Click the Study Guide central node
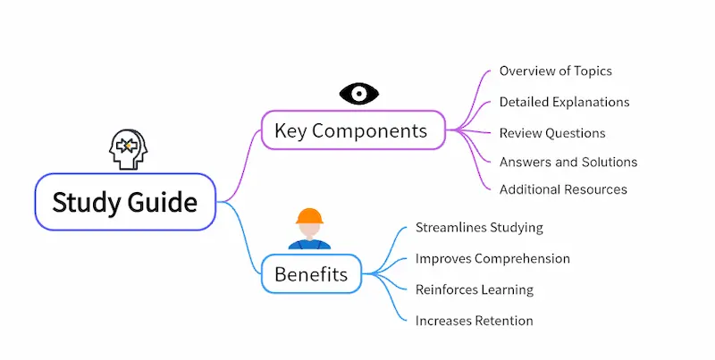point(125,202)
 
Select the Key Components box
point(352,131)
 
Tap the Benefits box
point(311,273)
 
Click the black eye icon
point(359,93)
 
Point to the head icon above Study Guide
point(126,149)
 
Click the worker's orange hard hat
point(309,216)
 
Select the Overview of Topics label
point(555,71)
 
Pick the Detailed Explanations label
point(564,102)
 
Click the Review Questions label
point(552,133)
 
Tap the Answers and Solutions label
point(568,162)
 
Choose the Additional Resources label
point(563,189)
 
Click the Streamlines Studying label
point(479,227)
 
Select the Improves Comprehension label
point(492,258)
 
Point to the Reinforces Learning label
point(474,289)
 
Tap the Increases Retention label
point(474,320)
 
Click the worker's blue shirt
point(309,243)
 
